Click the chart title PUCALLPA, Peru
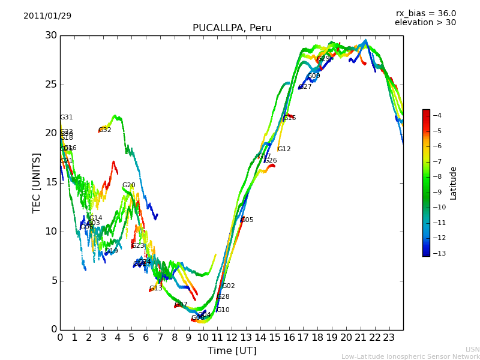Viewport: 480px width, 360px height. point(232,28)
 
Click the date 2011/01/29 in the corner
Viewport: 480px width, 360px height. point(47,16)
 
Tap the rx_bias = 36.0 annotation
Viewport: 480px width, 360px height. point(425,14)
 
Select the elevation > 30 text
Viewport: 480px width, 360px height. point(425,23)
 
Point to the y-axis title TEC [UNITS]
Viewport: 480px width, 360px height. point(37,182)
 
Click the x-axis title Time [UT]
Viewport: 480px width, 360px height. point(232,351)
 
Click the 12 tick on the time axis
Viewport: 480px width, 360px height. point(232,337)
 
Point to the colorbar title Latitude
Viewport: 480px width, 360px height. point(454,183)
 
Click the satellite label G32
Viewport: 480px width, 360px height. point(105,130)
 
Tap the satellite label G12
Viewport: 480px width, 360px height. point(284,149)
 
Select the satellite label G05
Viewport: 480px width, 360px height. point(247,220)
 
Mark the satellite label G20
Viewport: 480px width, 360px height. point(128,185)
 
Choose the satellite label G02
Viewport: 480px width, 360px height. point(229,286)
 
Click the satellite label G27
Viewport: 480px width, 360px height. point(305,87)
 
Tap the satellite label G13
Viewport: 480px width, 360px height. point(156,289)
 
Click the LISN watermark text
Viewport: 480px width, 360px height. point(472,349)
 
